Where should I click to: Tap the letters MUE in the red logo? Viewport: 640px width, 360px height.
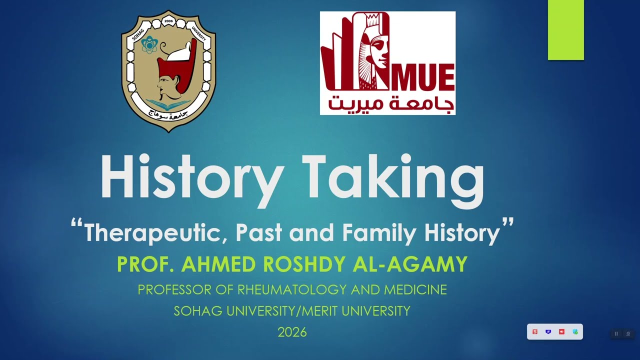426,78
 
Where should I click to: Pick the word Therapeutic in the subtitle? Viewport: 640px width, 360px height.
152,233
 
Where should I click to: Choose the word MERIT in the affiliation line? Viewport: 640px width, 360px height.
323,311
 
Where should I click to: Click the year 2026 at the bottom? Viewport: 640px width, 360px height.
292,332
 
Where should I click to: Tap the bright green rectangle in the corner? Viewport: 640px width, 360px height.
565,30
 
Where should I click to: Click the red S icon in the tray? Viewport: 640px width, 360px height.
534,332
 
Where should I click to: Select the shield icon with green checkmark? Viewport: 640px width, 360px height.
575,332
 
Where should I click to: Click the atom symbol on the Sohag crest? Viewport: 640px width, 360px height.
148,45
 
